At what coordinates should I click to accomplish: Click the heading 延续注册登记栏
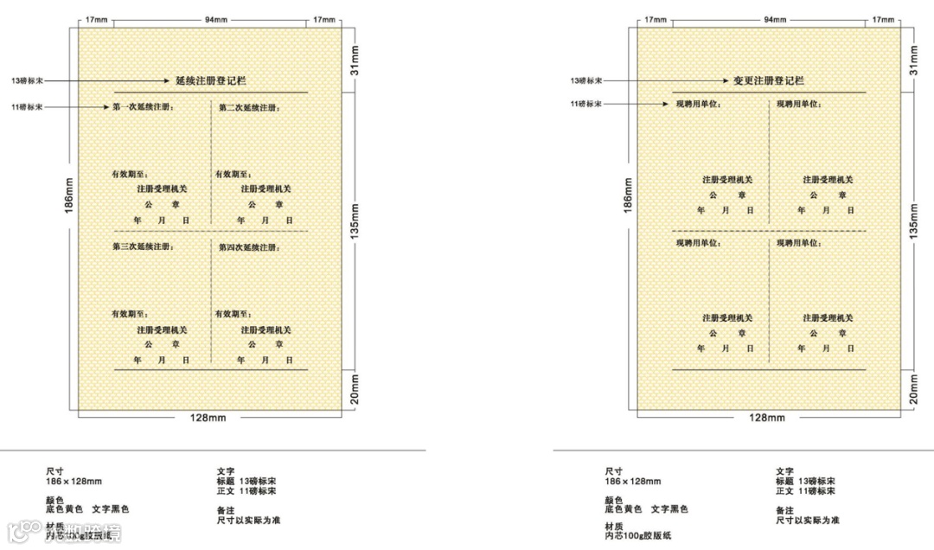pos(211,80)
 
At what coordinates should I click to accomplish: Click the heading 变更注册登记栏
pos(769,80)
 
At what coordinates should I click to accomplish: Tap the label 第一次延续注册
pos(143,107)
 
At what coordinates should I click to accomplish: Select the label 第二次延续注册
pos(249,107)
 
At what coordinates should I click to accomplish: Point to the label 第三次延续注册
pos(143,247)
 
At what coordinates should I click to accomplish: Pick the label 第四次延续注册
pos(249,247)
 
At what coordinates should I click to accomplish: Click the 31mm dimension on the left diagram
pos(355,59)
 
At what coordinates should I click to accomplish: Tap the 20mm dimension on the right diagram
pos(915,388)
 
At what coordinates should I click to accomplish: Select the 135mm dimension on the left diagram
pos(355,225)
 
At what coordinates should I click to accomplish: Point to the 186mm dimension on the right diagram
pos(629,195)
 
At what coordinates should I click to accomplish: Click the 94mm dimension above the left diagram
pos(210,19)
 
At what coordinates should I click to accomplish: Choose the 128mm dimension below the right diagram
pos(767,418)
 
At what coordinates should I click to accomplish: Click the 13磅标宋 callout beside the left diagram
pos(25,80)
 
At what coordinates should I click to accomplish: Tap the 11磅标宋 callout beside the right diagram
pos(585,104)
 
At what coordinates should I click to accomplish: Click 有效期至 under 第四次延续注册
pos(233,314)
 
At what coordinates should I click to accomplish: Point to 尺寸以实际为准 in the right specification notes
pos(807,520)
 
